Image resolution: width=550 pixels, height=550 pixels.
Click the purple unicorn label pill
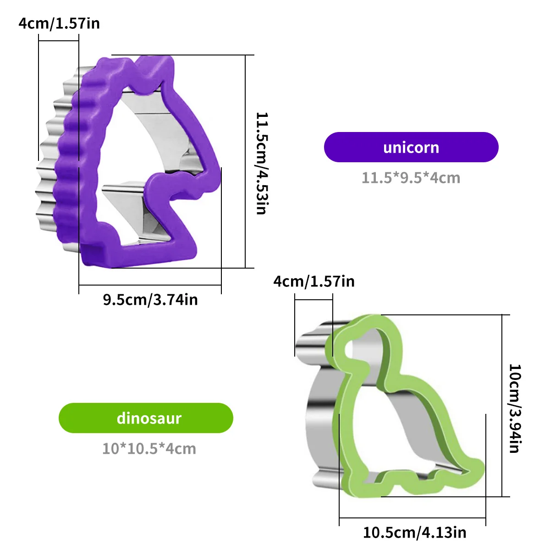pyautogui.click(x=411, y=147)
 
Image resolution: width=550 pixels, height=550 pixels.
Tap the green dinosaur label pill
pyautogui.click(x=146, y=418)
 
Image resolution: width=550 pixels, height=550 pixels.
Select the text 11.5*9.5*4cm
pyautogui.click(x=411, y=178)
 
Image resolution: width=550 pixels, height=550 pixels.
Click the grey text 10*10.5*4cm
pyautogui.click(x=149, y=449)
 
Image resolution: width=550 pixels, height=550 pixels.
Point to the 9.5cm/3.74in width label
pyautogui.click(x=150, y=300)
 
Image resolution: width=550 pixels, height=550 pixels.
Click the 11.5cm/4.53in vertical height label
pyautogui.click(x=261, y=163)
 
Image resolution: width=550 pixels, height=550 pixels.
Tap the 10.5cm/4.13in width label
pyautogui.click(x=415, y=532)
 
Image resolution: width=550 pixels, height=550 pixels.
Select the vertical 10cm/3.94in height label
pyautogui.click(x=515, y=408)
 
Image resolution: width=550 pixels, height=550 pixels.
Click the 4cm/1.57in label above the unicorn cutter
pyautogui.click(x=59, y=23)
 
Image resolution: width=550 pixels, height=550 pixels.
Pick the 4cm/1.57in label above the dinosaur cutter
pyautogui.click(x=314, y=281)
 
